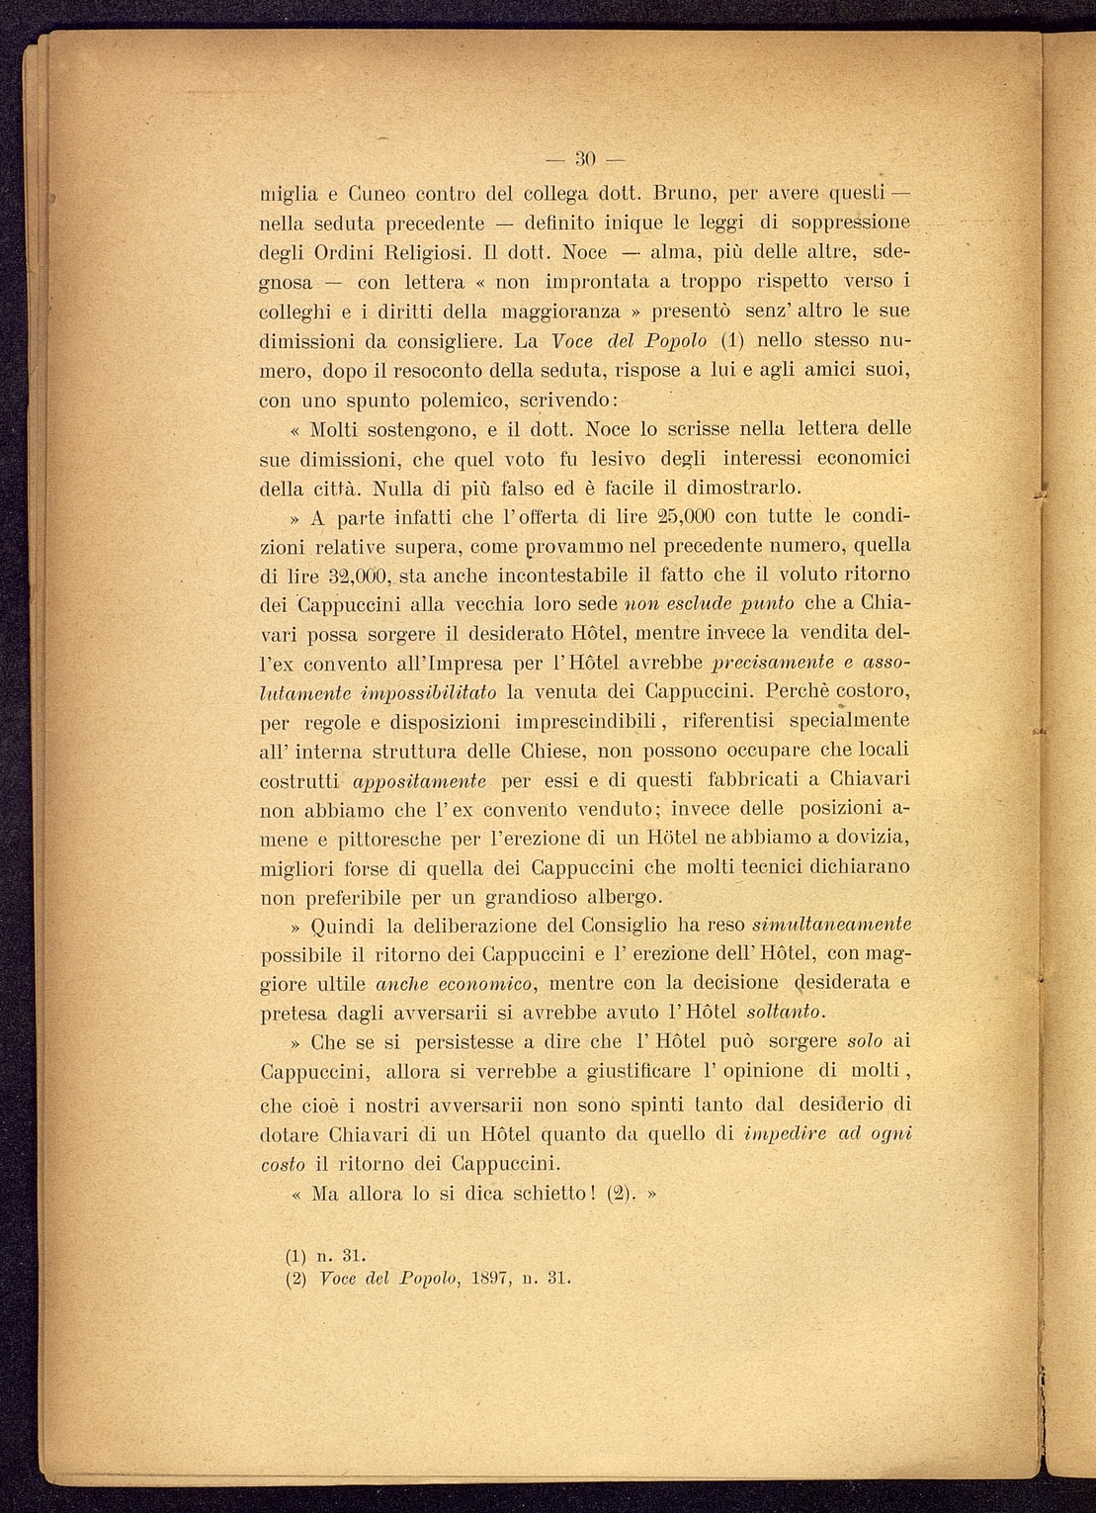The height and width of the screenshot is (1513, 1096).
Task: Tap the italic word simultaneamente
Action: pyautogui.click(x=831, y=926)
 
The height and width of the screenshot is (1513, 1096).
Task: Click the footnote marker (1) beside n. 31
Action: pyautogui.click(x=296, y=1257)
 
